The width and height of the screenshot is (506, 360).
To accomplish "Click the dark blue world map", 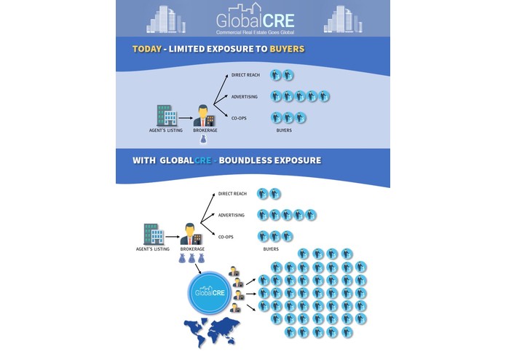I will click(193, 332).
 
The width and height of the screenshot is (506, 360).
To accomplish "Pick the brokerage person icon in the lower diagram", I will click(190, 234).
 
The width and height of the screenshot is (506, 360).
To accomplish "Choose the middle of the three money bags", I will click(190, 260).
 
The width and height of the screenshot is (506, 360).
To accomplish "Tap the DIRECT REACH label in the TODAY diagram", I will click(245, 75).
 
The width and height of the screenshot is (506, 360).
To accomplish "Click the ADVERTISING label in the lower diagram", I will click(232, 215).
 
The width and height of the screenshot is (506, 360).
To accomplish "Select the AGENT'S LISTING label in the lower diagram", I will click(154, 249).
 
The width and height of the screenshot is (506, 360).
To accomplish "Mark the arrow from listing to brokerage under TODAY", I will click(185, 116).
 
